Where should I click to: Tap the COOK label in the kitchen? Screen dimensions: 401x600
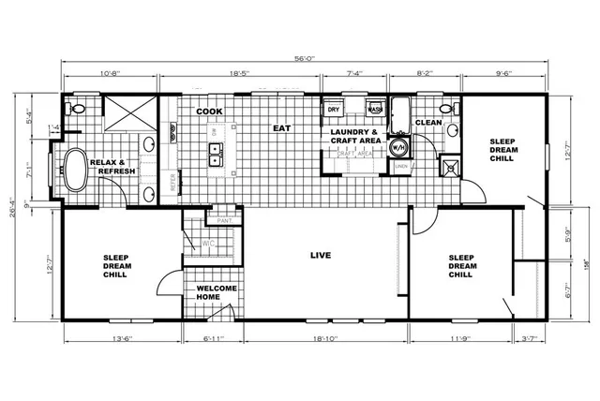pos(209,111)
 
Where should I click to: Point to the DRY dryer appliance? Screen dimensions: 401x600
pos(333,110)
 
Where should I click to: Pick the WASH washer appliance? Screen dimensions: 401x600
pos(373,109)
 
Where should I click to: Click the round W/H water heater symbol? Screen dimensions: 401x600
pos(398,147)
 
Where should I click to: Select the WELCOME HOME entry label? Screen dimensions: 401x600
pos(217,293)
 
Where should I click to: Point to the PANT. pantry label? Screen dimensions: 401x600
pos(224,220)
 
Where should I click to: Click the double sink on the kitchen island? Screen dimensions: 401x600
pos(215,155)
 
